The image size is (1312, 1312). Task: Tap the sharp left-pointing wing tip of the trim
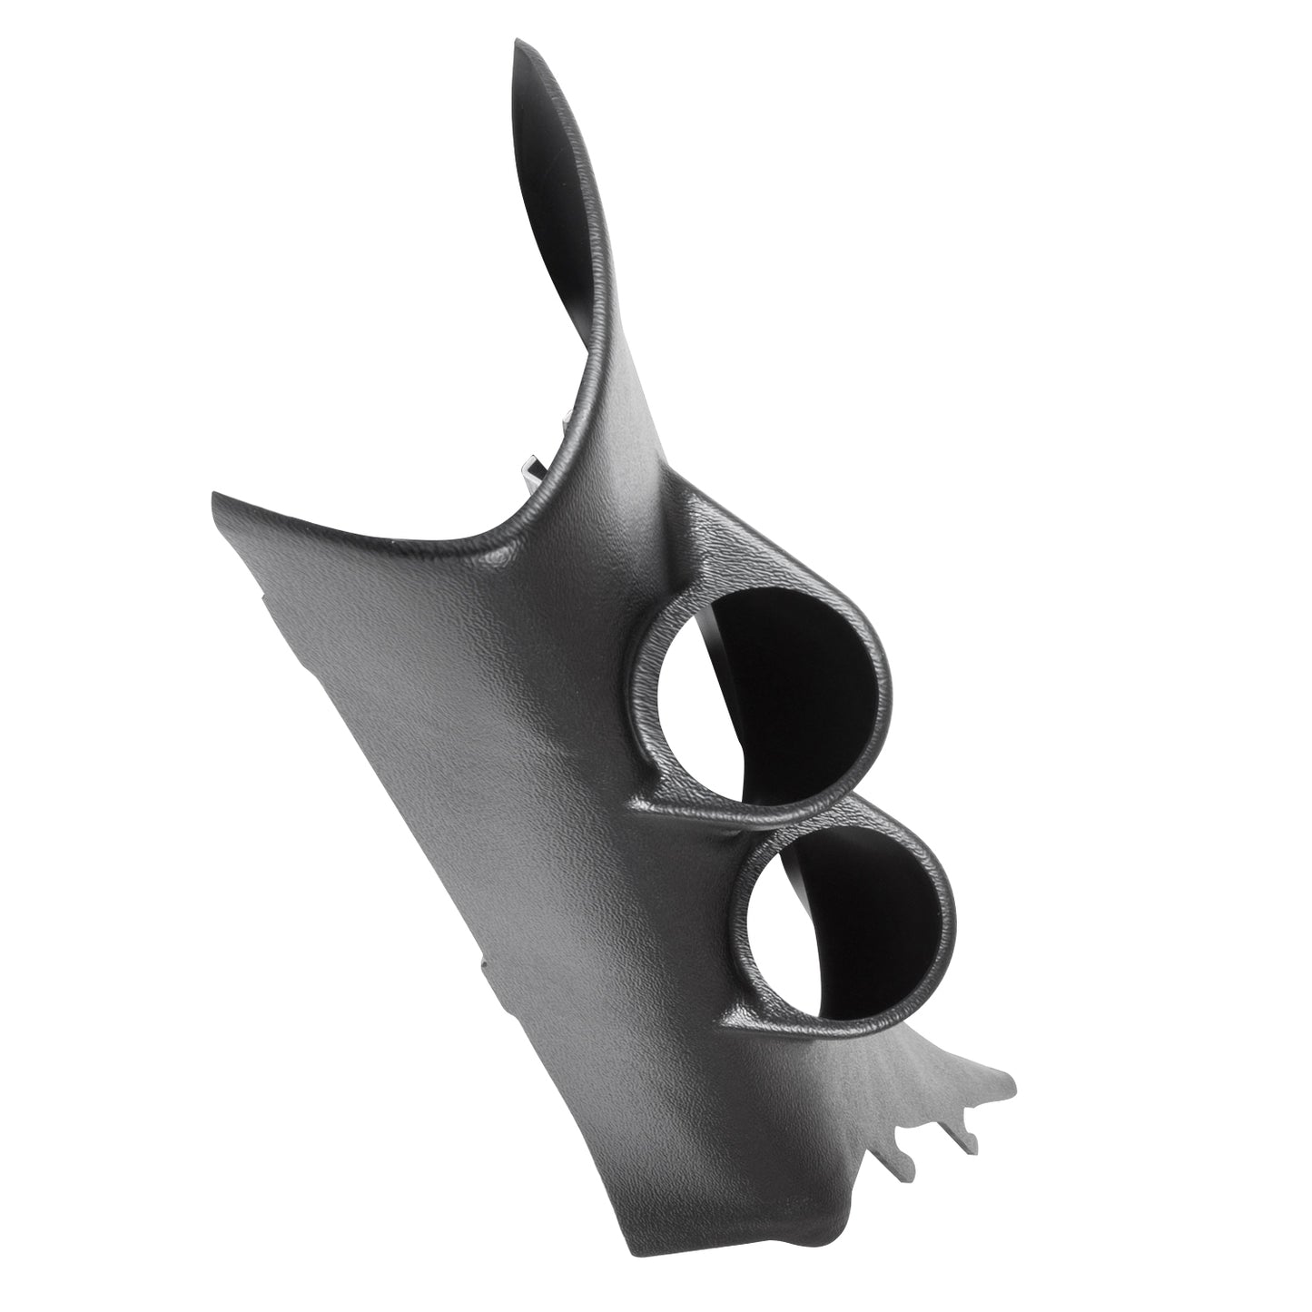pyautogui.click(x=214, y=496)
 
